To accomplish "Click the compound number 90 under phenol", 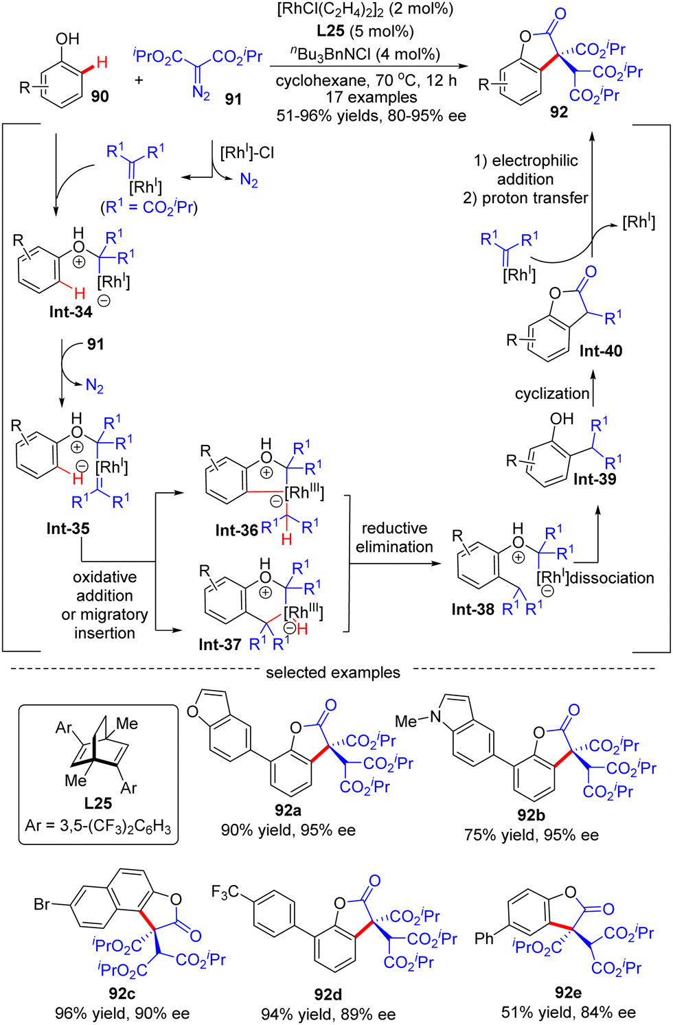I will [x=100, y=97].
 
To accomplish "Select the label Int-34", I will [x=71, y=312].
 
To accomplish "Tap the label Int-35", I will [x=68, y=528].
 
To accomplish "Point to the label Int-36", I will [x=236, y=530].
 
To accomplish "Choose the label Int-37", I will [x=220, y=644].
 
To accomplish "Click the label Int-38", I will [x=472, y=609].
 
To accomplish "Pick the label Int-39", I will [x=595, y=479].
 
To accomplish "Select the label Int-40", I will [x=600, y=351].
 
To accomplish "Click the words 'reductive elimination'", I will [x=394, y=538].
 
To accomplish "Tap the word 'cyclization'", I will [x=552, y=393].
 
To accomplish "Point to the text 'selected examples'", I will [x=333, y=672].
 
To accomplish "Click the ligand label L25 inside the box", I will [x=98, y=803].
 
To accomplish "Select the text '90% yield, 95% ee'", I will [x=288, y=830].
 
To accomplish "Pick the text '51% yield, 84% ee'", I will [x=568, y=1012].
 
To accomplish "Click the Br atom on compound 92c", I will [x=42, y=904].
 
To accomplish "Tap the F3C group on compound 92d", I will [x=225, y=892].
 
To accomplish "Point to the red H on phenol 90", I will [x=102, y=63].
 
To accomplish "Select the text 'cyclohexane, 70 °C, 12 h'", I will [x=366, y=80].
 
